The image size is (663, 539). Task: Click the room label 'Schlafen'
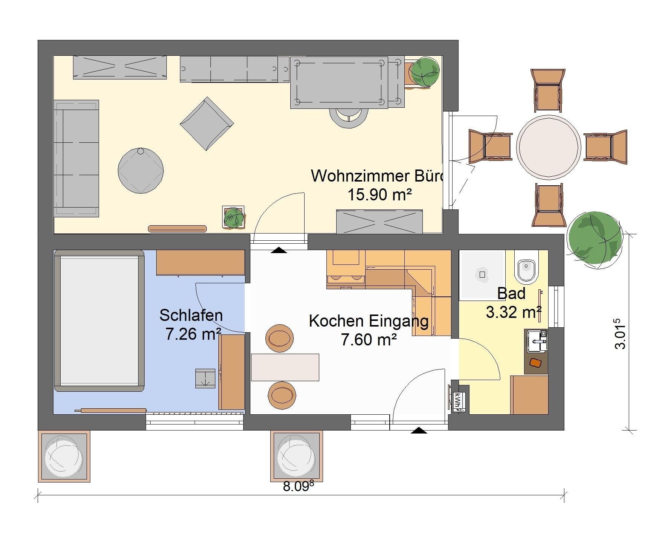point(191,316)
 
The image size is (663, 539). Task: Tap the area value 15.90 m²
point(379,195)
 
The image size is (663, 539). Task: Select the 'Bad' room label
point(511,293)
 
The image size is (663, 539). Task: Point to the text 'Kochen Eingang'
point(369,321)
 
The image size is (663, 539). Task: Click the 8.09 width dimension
point(298,487)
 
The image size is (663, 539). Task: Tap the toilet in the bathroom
point(527,270)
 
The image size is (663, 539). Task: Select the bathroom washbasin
point(537,341)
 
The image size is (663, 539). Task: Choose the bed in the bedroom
point(99,321)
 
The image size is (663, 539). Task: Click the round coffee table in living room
point(141,170)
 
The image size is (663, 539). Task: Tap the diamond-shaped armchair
point(207,124)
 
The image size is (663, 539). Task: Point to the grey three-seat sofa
point(76,158)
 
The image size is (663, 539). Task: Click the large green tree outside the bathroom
point(594,240)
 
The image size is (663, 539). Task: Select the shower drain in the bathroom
point(482,274)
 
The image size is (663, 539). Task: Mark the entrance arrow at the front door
point(419,431)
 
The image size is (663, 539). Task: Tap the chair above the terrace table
point(548,90)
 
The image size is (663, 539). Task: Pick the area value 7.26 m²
point(193,334)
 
